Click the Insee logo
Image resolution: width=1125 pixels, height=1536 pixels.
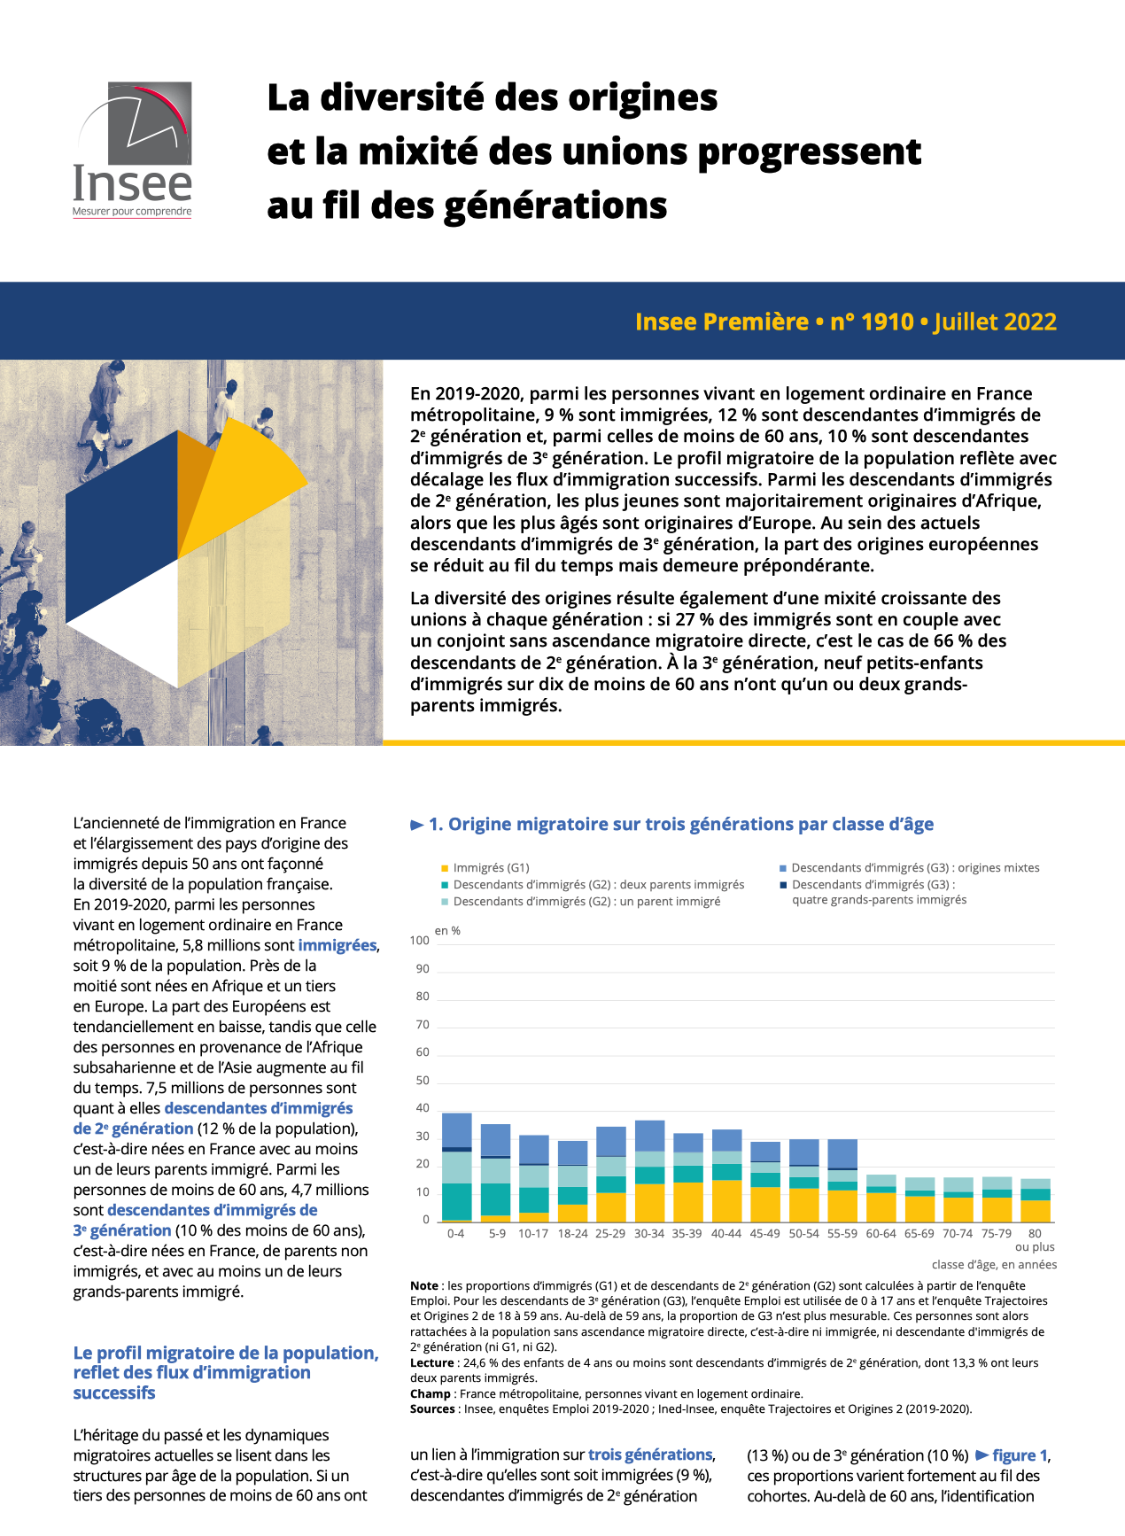pos(132,150)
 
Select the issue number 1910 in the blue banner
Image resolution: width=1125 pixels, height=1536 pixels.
pos(887,322)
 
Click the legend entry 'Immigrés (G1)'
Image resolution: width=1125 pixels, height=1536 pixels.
pos(491,868)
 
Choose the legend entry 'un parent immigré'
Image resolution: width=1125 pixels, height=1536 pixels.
pos(586,902)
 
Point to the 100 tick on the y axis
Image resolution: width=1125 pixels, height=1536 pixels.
pos(420,941)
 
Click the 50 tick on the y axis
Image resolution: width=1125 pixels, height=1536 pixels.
pos(423,1081)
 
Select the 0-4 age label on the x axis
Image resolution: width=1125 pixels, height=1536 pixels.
pos(455,1234)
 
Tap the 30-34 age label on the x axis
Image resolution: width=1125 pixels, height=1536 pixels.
pos(649,1234)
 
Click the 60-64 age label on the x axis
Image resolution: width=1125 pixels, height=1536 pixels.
pos(881,1234)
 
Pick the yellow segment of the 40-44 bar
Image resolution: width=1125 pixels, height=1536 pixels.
pos(727,1201)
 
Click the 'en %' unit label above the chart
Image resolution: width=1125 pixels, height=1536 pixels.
pos(447,931)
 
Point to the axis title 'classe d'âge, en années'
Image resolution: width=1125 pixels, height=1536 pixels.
pos(994,1265)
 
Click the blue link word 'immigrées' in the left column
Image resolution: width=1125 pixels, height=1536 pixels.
pos(337,946)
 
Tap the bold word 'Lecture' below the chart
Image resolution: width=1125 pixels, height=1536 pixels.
pos(431,1363)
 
